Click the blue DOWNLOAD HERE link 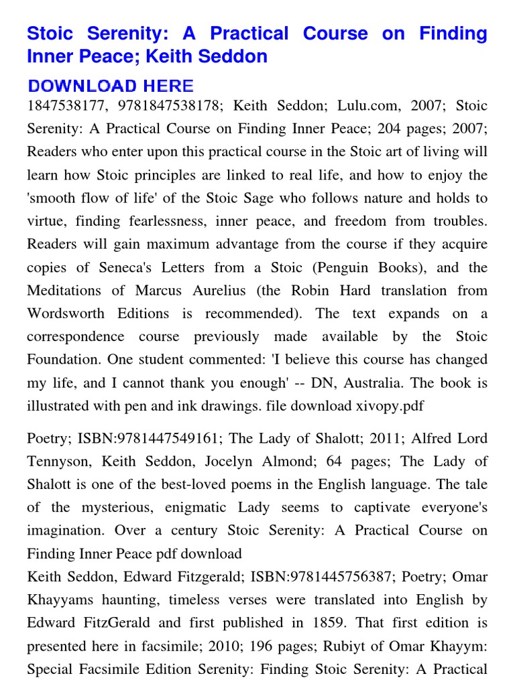coord(111,86)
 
